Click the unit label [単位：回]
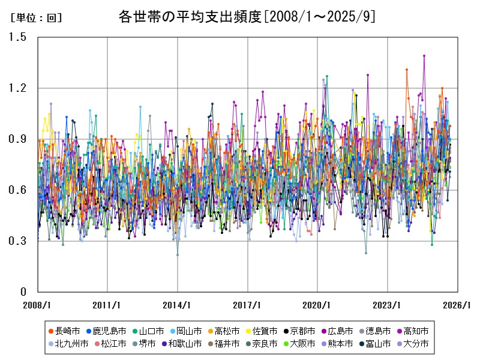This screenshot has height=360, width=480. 36,18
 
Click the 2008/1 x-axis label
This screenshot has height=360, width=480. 37,305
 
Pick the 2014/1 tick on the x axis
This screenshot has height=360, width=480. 178,305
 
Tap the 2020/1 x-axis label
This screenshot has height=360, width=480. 317,305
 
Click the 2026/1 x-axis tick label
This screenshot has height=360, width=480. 458,305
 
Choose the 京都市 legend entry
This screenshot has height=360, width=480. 302,331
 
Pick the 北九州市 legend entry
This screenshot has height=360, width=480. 71,344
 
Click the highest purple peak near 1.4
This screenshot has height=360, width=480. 424,56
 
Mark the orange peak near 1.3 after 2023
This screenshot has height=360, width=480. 407,70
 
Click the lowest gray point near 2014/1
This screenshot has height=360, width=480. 178,255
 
